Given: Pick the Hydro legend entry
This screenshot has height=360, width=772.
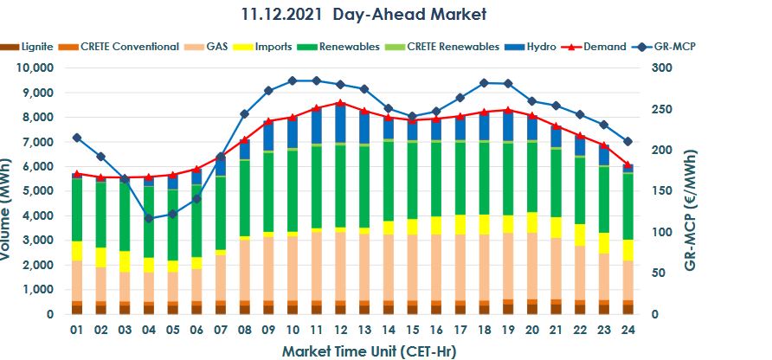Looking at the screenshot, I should tap(542, 46).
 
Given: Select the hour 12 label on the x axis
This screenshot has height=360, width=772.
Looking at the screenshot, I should tap(339, 330).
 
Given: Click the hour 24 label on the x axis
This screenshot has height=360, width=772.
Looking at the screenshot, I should tap(627, 330).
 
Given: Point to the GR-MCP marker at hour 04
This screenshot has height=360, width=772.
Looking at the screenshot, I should tap(148, 218).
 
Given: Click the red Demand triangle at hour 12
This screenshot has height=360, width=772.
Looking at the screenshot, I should tap(339, 103).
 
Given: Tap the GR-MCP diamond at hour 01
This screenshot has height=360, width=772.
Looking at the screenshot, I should tap(77, 138).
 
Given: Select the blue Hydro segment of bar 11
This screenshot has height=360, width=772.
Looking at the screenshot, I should tap(316, 125).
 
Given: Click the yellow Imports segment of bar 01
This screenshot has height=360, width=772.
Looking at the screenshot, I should tap(77, 251).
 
